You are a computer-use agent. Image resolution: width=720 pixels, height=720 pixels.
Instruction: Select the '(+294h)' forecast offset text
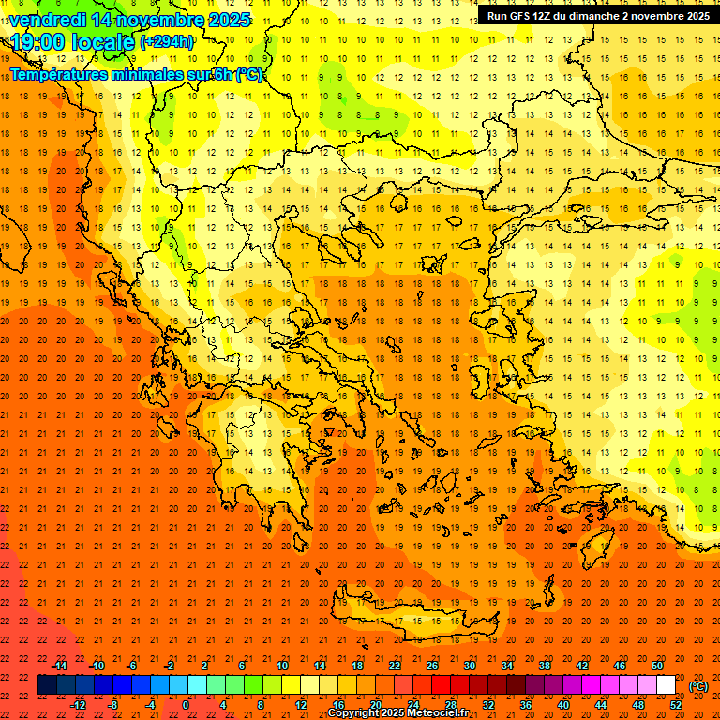pyautogui.click(x=167, y=42)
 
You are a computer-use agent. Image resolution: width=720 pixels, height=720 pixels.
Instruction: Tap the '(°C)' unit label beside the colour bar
pyautogui.click(x=698, y=686)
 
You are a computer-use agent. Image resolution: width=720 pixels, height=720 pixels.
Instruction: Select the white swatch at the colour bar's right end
pyautogui.click(x=666, y=685)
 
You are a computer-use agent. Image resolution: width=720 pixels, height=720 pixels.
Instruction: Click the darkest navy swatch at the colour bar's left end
pyautogui.click(x=47, y=685)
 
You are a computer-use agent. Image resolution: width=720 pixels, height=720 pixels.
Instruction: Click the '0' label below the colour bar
pyautogui.click(x=186, y=705)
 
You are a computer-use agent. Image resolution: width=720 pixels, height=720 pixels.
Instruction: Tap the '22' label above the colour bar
pyautogui.click(x=395, y=666)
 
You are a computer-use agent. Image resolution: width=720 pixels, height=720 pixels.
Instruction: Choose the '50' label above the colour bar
pyautogui.click(x=657, y=666)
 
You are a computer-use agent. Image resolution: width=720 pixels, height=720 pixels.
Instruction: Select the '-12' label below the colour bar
pyautogui.click(x=78, y=705)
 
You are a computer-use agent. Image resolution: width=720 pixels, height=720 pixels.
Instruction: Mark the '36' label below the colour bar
pyautogui.click(x=526, y=705)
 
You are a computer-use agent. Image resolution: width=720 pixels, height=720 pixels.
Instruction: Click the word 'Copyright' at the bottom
pyautogui.click(x=355, y=713)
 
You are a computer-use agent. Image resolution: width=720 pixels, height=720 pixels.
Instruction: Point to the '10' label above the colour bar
pyautogui.click(x=281, y=666)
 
